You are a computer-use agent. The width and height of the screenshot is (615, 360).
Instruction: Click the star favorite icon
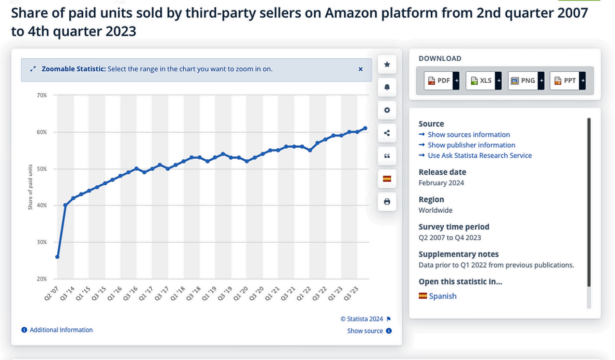(x=387, y=64)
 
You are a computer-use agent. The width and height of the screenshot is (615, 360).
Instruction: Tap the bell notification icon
(x=387, y=87)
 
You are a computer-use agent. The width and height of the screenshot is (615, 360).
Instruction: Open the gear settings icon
(x=387, y=110)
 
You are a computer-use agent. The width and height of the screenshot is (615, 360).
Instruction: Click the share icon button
(x=387, y=133)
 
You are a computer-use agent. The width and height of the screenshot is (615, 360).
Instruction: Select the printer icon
(x=387, y=202)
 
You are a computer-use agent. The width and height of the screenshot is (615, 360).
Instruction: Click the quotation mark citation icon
(x=387, y=156)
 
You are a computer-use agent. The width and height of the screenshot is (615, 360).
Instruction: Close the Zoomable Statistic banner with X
(x=360, y=69)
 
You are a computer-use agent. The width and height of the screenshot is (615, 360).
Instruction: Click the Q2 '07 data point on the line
(x=58, y=257)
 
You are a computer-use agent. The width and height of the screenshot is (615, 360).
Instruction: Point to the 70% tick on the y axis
(x=42, y=95)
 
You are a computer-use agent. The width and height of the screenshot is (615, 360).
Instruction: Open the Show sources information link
(x=469, y=135)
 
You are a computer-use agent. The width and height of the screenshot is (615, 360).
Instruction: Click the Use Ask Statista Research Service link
(x=479, y=155)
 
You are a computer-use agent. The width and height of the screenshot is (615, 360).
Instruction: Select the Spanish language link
(x=442, y=296)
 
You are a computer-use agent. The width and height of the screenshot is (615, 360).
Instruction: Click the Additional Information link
(x=61, y=330)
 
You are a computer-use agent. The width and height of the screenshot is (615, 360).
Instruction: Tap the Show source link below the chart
(x=365, y=331)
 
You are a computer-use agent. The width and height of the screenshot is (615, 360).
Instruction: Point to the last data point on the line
(x=365, y=129)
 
